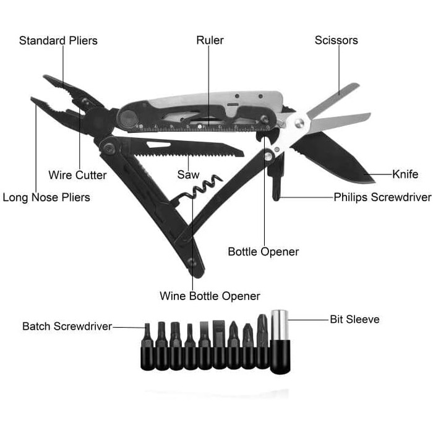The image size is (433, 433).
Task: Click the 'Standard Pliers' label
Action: click(58, 41)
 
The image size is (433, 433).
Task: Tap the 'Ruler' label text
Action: click(210, 41)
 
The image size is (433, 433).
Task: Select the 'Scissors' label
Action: click(336, 41)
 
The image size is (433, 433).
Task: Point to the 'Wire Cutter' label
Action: click(77, 175)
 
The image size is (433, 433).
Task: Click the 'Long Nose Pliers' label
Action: click(46, 198)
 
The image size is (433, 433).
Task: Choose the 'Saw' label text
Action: click(188, 175)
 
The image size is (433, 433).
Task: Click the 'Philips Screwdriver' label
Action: click(382, 198)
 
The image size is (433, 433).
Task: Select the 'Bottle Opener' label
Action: click(263, 252)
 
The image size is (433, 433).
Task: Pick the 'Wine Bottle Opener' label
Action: click(210, 296)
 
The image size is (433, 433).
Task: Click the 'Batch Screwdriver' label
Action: click(67, 326)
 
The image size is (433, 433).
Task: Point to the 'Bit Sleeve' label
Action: click(354, 320)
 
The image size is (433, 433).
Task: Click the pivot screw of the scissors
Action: click(299, 124)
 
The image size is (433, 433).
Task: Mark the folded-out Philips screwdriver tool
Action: click(277, 179)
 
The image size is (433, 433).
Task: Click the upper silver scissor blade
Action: click(334, 99)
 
